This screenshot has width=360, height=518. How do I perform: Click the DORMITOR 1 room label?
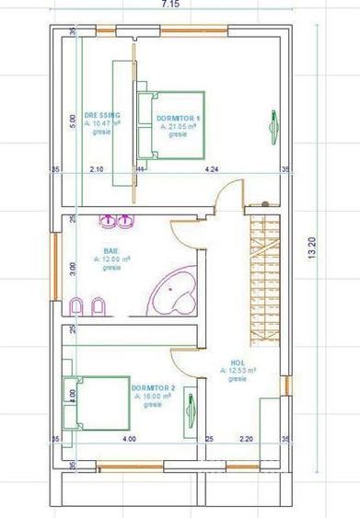tap(179, 119)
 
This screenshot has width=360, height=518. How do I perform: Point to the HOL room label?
tap(237, 362)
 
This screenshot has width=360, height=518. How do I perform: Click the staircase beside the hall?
tap(264, 276)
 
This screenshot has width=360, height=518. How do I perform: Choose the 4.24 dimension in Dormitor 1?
tap(213, 170)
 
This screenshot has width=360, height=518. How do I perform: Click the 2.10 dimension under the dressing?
tap(96, 170)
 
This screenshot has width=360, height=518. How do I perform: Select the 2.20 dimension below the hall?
tap(246, 439)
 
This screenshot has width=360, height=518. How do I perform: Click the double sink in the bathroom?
tap(117, 221)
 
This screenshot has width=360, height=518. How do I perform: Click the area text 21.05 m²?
tap(180, 126)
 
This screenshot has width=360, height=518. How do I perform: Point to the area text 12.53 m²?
tap(238, 370)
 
